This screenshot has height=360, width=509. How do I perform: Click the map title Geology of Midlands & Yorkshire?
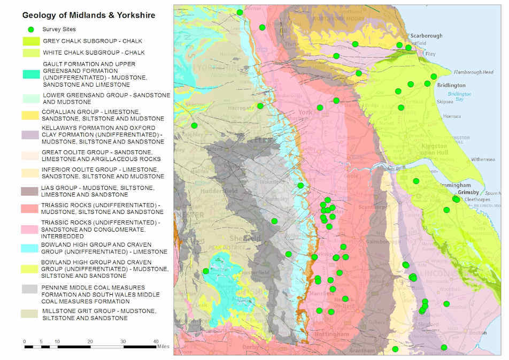click(89, 16)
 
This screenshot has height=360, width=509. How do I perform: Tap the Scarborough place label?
click(426, 36)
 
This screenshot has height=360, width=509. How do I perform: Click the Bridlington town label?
click(451, 85)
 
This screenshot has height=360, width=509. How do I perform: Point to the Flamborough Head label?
click(474, 72)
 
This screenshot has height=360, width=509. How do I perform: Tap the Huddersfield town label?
click(215, 190)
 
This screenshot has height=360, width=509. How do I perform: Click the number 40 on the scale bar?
click(156, 341)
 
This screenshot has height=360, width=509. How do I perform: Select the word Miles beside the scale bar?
click(163, 347)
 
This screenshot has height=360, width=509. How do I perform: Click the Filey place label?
click(430, 54)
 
